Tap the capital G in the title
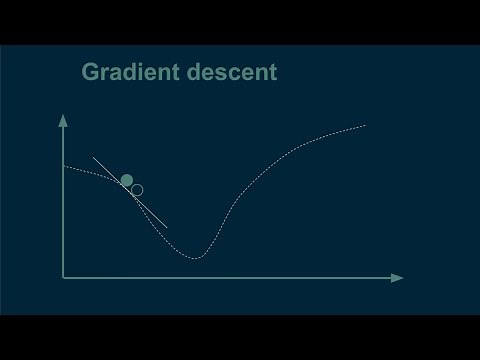[x=91, y=73]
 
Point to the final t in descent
[x=274, y=73]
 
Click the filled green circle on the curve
[x=127, y=180]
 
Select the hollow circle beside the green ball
[x=137, y=189]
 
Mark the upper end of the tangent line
[x=93, y=157]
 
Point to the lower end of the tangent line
[x=167, y=227]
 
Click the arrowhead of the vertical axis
[x=64, y=120]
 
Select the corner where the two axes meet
[x=64, y=277]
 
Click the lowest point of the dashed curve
[x=196, y=258]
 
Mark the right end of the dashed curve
[x=365, y=125]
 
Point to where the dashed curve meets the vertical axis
[x=65, y=165]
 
